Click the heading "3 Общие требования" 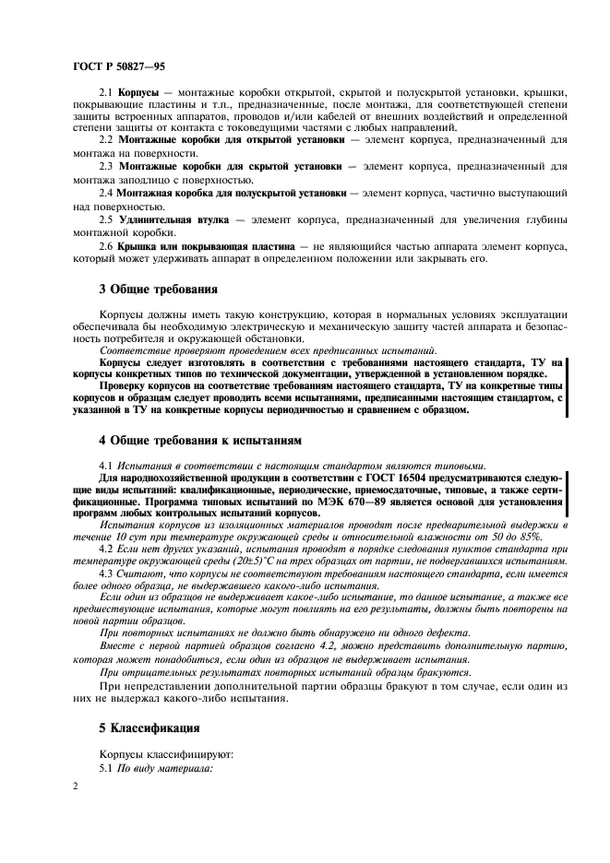click(162, 289)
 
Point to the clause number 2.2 click(106, 139)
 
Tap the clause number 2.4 click(106, 195)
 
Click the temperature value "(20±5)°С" click(239, 562)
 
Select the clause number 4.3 click(106, 573)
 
